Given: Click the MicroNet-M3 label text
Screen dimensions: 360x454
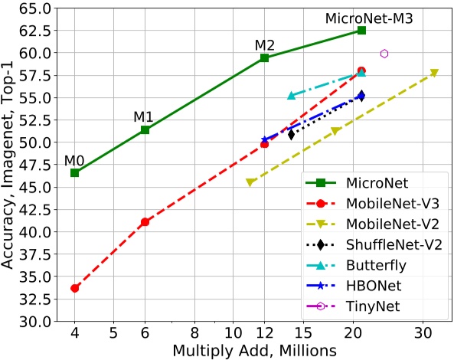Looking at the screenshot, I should (x=369, y=18).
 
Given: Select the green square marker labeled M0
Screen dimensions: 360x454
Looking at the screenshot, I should (x=74, y=172).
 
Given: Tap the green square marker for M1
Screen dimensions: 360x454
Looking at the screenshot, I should (x=144, y=129).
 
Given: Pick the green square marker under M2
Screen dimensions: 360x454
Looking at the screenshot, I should (x=264, y=58).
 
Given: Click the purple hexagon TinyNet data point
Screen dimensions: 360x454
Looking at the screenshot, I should (x=384, y=54).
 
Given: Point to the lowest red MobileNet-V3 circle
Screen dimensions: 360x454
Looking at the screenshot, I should (x=74, y=288).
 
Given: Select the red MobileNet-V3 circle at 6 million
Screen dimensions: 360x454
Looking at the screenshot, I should (x=144, y=221).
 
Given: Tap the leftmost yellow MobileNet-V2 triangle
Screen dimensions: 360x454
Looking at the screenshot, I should (x=250, y=182).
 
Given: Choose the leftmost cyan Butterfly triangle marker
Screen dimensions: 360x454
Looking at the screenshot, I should (x=291, y=96).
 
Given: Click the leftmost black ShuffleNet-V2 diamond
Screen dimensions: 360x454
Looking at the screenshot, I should (x=291, y=135).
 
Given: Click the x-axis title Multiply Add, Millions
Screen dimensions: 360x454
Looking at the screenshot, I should (x=254, y=350).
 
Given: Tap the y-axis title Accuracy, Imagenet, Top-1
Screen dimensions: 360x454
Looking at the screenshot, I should (x=9, y=165).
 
